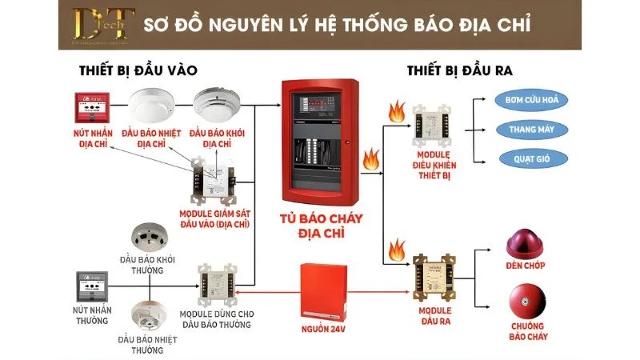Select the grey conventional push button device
pos(90,285)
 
